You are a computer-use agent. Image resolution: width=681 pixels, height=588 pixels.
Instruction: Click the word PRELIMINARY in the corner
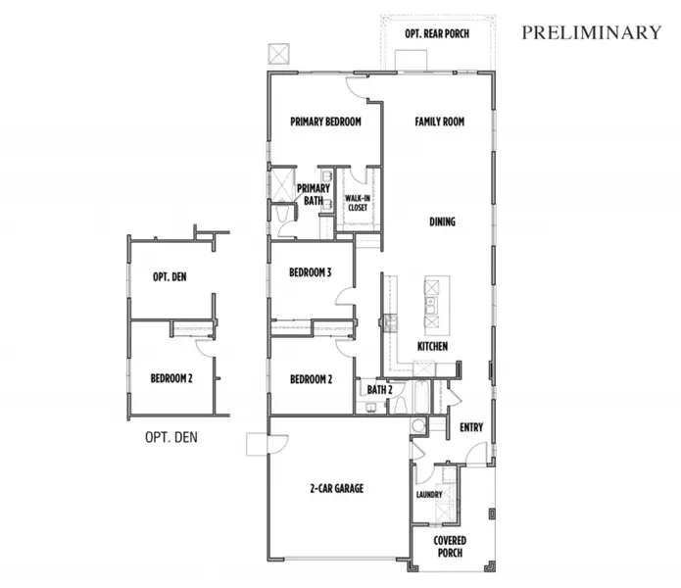[x=591, y=32]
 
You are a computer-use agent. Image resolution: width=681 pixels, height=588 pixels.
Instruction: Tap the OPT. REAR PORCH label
[x=436, y=33]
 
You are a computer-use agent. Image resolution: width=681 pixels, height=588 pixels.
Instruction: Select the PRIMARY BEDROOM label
[x=325, y=122]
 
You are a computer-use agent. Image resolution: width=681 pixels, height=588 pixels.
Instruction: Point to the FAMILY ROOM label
[x=439, y=122]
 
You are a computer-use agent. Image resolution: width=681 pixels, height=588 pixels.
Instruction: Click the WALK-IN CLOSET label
[x=357, y=203]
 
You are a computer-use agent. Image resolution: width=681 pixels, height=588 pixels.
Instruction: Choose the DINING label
[x=442, y=221]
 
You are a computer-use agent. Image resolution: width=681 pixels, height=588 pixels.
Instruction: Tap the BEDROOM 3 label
[x=311, y=273]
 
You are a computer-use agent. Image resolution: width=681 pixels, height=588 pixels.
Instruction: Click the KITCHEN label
[x=432, y=347]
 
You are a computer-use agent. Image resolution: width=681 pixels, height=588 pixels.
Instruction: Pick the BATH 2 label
[x=379, y=390]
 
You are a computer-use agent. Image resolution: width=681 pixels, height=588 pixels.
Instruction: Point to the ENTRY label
[x=471, y=427]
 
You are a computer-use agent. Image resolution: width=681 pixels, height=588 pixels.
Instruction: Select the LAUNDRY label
[x=429, y=495]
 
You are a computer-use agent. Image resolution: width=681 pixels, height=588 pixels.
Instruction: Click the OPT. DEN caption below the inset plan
[x=172, y=436]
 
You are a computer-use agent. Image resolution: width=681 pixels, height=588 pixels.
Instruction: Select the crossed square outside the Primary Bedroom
[x=280, y=52]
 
